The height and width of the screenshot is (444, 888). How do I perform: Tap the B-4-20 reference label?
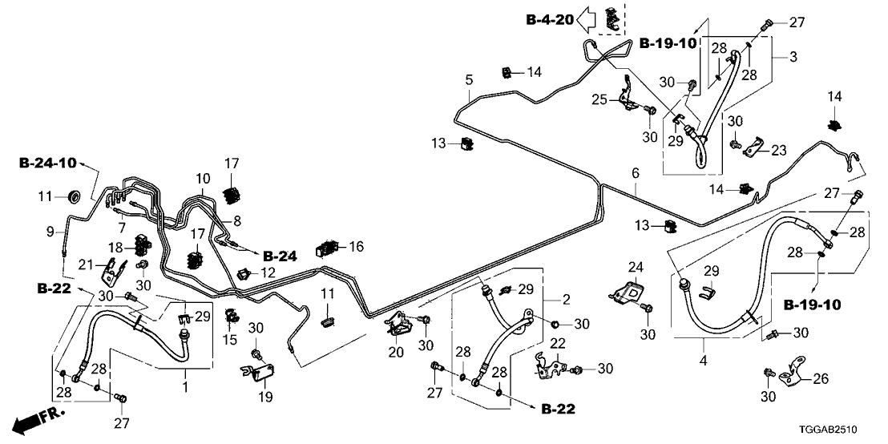(549, 20)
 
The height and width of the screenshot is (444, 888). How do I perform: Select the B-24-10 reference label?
(47, 163)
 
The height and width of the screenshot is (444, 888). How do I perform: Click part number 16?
(357, 247)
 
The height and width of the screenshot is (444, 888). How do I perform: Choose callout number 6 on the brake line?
(636, 173)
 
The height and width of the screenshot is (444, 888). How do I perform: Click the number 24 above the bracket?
(635, 266)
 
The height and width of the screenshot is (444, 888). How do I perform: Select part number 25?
(599, 99)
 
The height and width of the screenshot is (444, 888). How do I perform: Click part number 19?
(265, 397)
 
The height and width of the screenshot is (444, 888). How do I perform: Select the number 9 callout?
(50, 232)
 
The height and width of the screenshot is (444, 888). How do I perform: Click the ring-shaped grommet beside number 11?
(75, 196)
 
